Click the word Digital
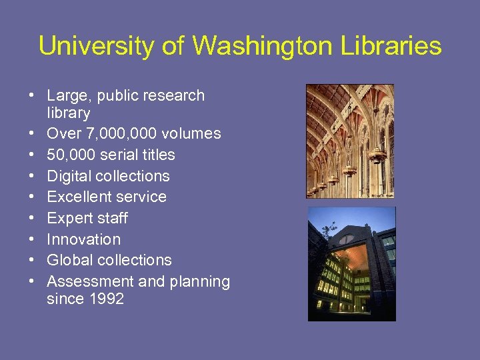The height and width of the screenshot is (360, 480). click(69, 176)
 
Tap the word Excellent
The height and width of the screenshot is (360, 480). click(78, 197)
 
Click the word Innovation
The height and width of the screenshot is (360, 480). click(84, 239)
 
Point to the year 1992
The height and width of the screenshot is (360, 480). click(105, 299)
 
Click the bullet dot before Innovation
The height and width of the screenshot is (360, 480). click(32, 239)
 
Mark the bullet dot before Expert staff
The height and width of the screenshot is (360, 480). click(32, 218)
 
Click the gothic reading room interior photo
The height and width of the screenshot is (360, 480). click(350, 141)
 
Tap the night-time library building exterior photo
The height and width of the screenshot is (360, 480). click(351, 263)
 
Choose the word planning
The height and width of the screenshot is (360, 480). click(199, 281)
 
